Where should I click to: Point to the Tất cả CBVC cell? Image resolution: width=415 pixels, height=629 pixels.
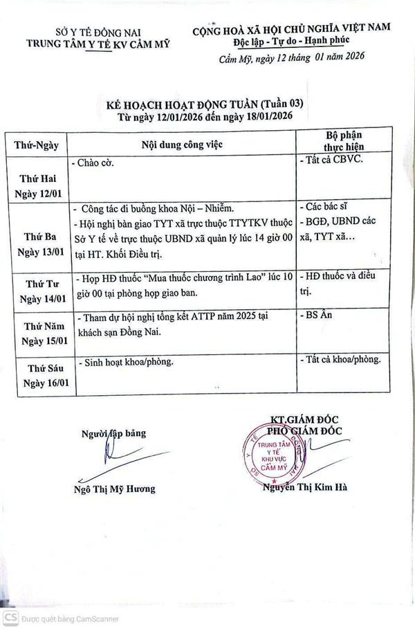(333, 161)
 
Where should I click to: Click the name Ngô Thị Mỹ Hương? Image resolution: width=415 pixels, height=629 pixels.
(114, 489)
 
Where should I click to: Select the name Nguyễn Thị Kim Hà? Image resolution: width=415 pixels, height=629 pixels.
(306, 486)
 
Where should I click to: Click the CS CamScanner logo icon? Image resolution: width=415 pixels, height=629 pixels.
(9, 617)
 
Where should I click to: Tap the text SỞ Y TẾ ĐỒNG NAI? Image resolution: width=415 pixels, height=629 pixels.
(97, 31)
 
